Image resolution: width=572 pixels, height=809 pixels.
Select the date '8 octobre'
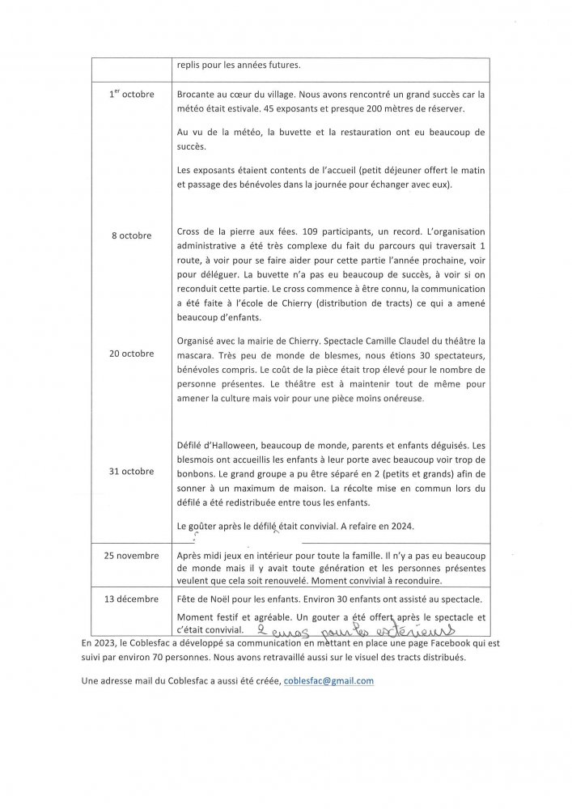pyautogui.click(x=131, y=235)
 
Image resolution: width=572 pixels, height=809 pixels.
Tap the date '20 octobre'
pyautogui.click(x=130, y=353)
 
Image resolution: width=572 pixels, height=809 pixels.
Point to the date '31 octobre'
pyautogui.click(x=130, y=471)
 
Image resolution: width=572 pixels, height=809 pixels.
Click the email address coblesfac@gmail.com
pyautogui.click(x=328, y=681)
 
